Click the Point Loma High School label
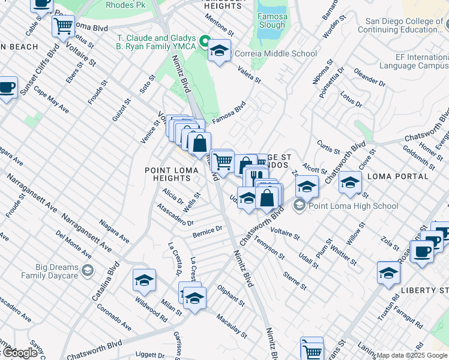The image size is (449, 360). coord(354,206)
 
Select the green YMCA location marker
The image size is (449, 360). coord(204,42)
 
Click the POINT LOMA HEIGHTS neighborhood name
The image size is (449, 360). coord(167,174)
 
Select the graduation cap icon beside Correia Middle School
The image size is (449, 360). coord(220,51)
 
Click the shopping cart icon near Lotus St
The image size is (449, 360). coord(63,26)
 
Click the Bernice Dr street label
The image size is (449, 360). coord(208,230)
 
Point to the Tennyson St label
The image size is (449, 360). coord(269,247)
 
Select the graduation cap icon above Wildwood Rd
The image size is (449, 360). coord(144,280)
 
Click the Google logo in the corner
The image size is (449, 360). coord(19,352)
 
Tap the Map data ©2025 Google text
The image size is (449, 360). coord(412,355)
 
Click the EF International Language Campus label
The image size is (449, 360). coord(414,61)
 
